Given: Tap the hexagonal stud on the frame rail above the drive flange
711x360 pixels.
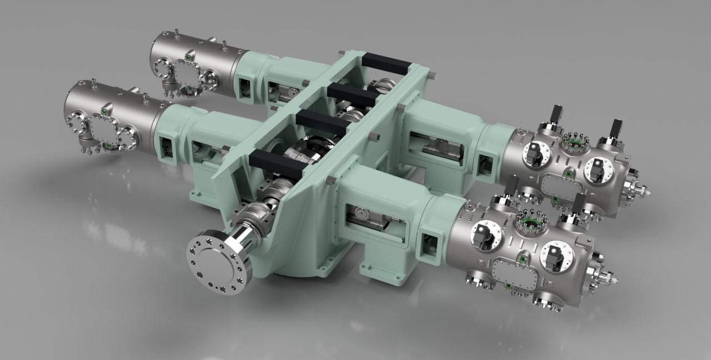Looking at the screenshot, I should coord(332,180).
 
